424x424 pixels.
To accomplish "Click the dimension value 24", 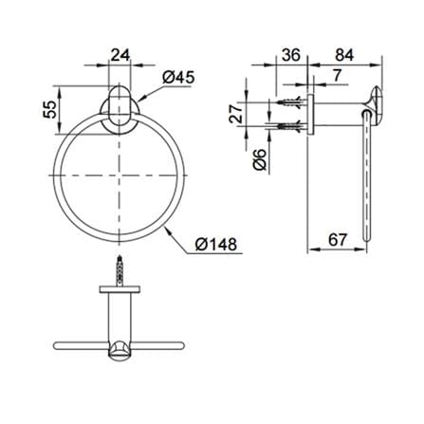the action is coord(120,56).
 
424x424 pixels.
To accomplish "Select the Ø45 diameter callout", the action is coord(178,77).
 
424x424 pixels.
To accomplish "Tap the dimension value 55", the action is coord(50,109).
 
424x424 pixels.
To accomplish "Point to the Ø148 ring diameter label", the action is coord(215,245).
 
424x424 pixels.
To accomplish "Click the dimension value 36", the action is coord(291,55).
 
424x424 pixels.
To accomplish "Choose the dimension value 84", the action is coord(344,55).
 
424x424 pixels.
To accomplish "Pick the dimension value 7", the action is coord(337,75).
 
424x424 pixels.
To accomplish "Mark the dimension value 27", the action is coord(236,114).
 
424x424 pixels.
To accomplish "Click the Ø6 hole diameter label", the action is coord(260,160).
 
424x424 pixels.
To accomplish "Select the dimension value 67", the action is coord(338,240).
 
